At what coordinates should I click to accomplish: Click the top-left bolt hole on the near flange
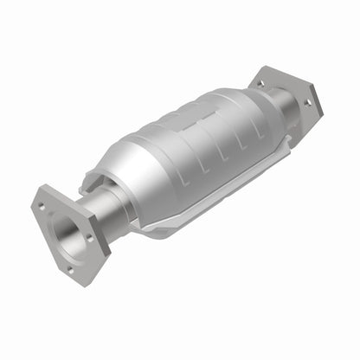point(43,205)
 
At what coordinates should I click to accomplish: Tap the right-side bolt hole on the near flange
point(87,234)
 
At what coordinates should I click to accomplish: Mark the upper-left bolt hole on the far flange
point(260,84)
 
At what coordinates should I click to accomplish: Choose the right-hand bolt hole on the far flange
point(306,103)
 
